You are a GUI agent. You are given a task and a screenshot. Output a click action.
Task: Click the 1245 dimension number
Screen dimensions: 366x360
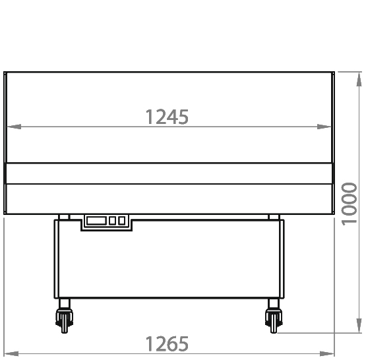pyautogui.click(x=167, y=117)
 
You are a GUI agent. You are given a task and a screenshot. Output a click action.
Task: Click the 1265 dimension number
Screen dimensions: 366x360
pyautogui.click(x=167, y=344)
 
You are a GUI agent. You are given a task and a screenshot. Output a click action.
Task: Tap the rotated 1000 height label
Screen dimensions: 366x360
pyautogui.click(x=350, y=204)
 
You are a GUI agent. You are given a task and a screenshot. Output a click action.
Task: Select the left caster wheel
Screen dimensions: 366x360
pyautogui.click(x=64, y=320)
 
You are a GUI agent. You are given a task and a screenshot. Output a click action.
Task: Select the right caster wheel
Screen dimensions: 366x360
pyautogui.click(x=274, y=320)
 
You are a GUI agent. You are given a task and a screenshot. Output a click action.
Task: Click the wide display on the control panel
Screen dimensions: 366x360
pyautogui.click(x=96, y=220)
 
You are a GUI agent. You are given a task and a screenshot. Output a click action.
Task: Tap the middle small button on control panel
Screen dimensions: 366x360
pyautogui.click(x=112, y=220)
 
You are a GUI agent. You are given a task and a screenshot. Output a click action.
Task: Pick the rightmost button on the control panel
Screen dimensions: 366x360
pyautogui.click(x=121, y=220)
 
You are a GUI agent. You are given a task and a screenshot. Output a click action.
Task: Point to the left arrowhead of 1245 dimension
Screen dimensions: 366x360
pyautogui.click(x=14, y=127)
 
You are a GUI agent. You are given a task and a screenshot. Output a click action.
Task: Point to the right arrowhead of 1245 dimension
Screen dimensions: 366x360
pyautogui.click(x=324, y=127)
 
